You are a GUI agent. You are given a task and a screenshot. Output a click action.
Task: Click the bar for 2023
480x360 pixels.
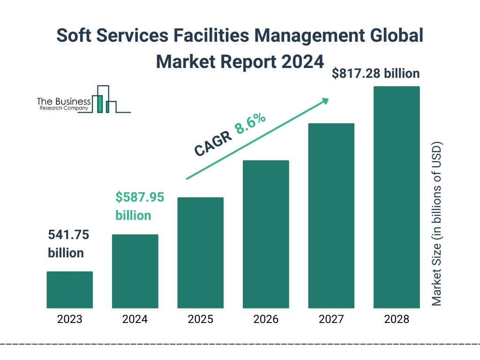tap(69, 290)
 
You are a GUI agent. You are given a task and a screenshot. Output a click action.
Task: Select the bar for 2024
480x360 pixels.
tap(135, 271)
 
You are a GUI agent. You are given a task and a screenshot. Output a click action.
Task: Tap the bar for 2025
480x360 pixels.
tap(200, 253)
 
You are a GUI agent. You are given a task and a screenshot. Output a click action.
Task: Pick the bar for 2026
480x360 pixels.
tap(266, 234)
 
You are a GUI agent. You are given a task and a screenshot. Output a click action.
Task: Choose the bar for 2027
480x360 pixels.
tap(331, 216)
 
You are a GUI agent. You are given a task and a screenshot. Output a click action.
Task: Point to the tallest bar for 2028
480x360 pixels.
tap(396, 197)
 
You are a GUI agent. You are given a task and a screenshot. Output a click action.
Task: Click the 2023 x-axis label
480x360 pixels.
tap(69, 320)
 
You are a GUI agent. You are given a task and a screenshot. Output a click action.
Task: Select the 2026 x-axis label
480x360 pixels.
tap(266, 320)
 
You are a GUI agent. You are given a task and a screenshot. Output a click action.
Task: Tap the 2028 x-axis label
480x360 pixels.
tap(396, 320)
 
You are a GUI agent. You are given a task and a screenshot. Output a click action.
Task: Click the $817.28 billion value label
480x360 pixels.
tap(375, 74)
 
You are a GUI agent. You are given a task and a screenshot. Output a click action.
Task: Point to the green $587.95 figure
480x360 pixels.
tap(140, 197)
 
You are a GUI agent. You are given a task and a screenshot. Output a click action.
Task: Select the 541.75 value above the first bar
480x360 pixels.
tap(68, 234)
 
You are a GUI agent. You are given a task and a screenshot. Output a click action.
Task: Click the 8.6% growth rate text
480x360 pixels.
tap(251, 124)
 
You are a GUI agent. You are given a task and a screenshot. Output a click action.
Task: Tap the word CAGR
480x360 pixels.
tap(213, 143)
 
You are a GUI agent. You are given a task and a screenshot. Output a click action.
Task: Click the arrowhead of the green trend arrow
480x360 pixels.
tap(324, 101)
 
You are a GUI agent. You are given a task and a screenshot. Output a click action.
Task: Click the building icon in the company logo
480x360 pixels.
tap(104, 99)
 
